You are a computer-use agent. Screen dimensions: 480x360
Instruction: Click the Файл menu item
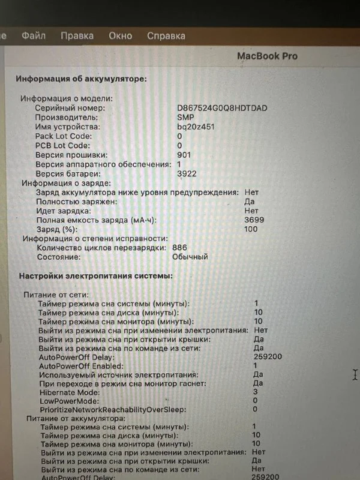click(34, 35)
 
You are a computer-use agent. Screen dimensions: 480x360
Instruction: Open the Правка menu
click(77, 35)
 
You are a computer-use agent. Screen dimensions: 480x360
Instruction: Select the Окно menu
click(120, 35)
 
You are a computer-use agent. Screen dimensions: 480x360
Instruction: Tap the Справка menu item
click(166, 35)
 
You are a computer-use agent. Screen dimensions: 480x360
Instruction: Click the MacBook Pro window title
click(267, 56)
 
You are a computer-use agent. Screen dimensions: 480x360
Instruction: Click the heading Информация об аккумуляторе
click(81, 79)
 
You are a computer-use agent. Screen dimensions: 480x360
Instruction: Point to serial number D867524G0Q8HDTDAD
click(222, 108)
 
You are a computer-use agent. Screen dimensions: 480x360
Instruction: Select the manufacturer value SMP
click(185, 118)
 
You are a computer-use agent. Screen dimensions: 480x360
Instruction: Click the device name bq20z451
click(196, 127)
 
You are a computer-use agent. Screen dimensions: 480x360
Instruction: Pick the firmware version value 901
click(184, 155)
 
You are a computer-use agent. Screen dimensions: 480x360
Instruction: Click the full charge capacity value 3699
click(254, 220)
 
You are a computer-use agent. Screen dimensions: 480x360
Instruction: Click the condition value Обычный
click(190, 257)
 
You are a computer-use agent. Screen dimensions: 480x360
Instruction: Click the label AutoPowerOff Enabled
click(81, 365)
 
